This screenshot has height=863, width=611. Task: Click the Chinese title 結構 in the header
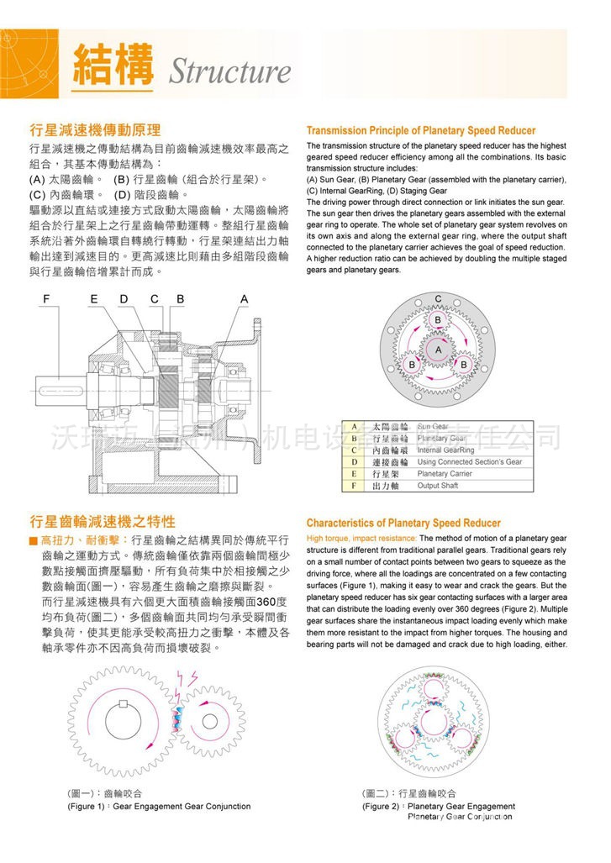point(113,65)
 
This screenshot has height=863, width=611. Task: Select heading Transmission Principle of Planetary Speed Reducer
point(420,131)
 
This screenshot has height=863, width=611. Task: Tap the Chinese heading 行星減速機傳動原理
point(95,130)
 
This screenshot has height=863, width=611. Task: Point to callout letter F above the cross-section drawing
point(47,299)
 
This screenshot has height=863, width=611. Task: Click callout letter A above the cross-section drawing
point(245,299)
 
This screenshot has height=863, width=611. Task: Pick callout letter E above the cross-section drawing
point(94,299)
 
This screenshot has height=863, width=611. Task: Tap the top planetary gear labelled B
point(437,320)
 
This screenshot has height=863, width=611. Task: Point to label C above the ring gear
point(438,299)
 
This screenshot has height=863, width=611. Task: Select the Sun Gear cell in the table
point(433,427)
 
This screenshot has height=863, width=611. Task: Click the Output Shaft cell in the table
point(438,486)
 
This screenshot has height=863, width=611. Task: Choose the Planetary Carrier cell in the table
point(445,474)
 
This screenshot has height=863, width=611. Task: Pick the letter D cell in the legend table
point(355,462)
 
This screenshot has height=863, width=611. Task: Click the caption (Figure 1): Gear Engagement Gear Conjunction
point(159,806)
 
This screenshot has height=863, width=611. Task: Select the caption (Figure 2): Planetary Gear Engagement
point(439,806)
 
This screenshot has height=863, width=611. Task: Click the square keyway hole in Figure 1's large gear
point(124,704)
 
